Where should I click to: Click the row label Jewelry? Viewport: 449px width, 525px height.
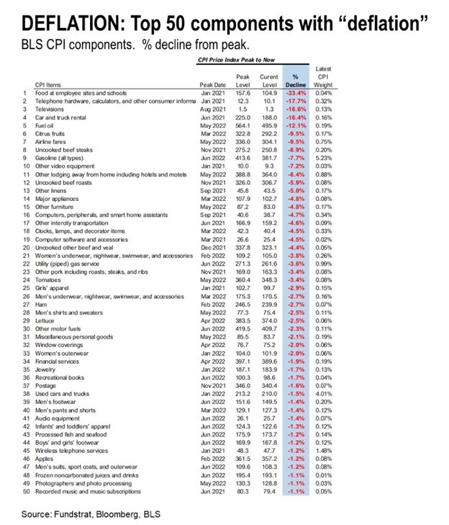[x=45, y=368]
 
